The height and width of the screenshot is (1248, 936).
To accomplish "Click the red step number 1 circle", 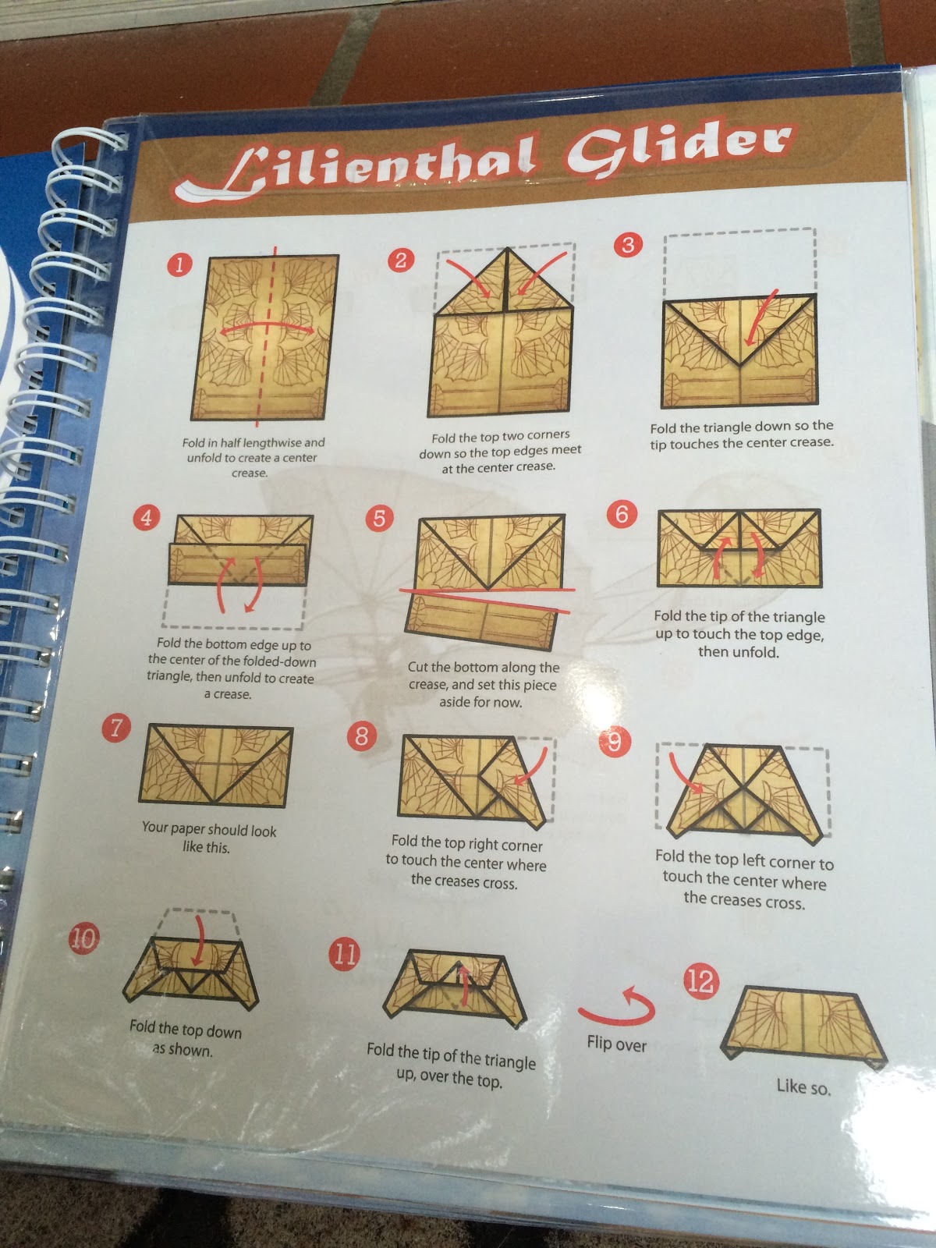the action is tap(179, 265).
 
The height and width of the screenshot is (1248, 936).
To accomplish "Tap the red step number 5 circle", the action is tap(380, 519).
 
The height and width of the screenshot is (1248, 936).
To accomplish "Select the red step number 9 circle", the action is tap(615, 742).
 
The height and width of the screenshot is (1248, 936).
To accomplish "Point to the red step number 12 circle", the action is tap(700, 981).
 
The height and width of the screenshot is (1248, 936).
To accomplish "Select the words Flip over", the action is tap(617, 1044).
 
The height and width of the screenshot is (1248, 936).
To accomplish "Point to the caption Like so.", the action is tap(803, 1087).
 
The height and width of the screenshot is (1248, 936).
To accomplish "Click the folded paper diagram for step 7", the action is tap(216, 765).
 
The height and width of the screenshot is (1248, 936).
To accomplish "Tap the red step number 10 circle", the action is tap(83, 938).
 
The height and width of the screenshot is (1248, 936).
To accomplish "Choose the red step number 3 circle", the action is tap(628, 245).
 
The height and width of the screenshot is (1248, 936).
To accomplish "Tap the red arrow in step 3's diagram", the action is tap(760, 317).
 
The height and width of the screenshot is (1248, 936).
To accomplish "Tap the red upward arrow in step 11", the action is tap(464, 987).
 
